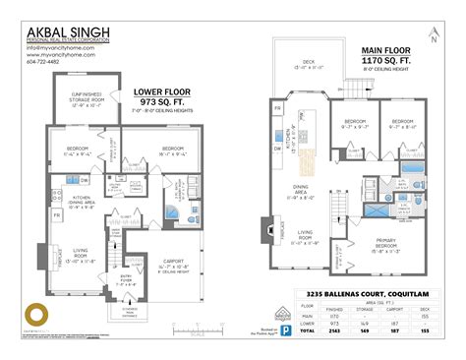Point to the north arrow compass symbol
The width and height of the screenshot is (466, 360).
pos(434,39)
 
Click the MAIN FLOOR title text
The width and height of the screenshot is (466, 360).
pos(385,49)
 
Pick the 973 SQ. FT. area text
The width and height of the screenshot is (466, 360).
pos(154,101)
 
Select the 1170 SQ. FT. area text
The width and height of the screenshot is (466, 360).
pos(386,59)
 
